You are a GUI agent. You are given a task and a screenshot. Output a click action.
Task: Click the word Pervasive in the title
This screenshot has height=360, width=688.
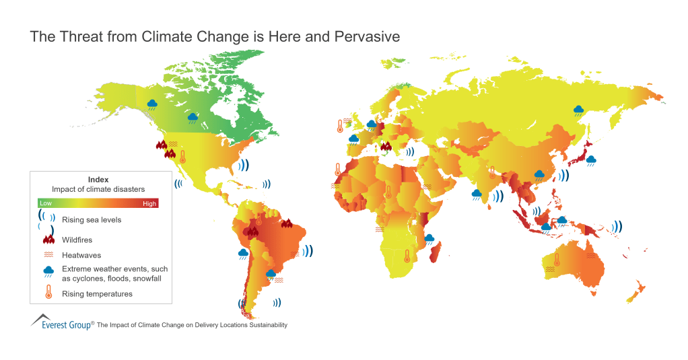(x=368, y=37)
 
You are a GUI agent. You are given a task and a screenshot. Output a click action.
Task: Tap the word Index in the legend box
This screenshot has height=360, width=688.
(x=98, y=180)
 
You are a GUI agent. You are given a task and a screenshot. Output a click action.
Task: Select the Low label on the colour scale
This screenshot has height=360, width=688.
(x=46, y=203)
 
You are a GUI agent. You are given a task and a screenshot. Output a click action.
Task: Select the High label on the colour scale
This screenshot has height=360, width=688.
(x=149, y=203)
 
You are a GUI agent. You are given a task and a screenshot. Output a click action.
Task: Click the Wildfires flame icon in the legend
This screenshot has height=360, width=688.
(x=48, y=238)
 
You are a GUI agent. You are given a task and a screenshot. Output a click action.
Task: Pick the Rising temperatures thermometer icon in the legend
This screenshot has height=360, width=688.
(x=48, y=293)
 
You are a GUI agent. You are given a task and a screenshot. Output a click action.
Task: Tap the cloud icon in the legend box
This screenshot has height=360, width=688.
(x=48, y=272)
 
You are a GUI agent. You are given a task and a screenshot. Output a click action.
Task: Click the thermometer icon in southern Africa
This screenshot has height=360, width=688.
(x=407, y=256)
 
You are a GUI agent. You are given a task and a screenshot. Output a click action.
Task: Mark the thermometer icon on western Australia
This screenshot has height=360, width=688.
(x=557, y=259)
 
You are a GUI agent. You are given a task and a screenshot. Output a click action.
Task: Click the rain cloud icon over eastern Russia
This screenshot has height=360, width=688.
(x=578, y=110)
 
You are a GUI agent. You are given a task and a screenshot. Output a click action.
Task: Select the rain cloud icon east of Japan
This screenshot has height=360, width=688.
(x=591, y=160)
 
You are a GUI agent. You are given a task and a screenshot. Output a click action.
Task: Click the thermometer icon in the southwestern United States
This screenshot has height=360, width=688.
(x=182, y=157)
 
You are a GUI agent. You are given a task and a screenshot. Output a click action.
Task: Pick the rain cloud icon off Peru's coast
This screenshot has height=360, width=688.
(x=242, y=254)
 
